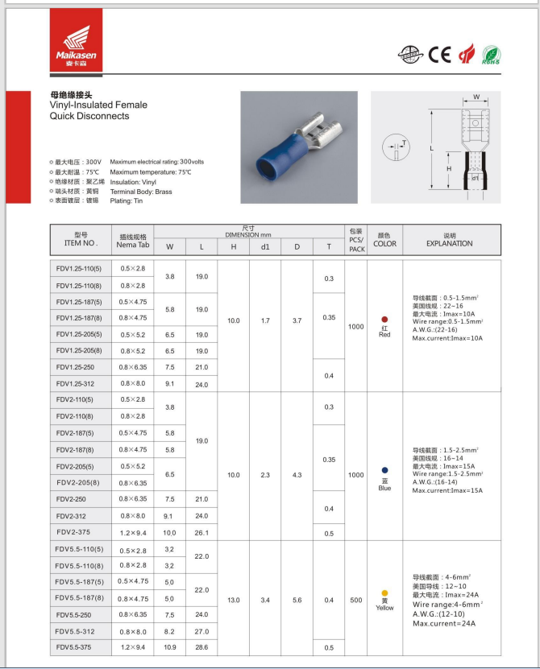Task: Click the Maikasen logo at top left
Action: coord(76,41)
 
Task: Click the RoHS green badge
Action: coord(491,56)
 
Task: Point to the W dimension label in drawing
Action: coord(476,97)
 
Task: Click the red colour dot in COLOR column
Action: coord(384,320)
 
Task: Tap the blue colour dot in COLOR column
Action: coord(384,469)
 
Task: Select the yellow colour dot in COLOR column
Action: coord(384,593)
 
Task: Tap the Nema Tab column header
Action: coord(132,241)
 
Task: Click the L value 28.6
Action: coord(201,647)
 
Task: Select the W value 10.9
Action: coord(169,647)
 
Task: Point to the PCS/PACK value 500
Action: coord(355,599)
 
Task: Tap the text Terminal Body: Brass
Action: coord(141,192)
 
